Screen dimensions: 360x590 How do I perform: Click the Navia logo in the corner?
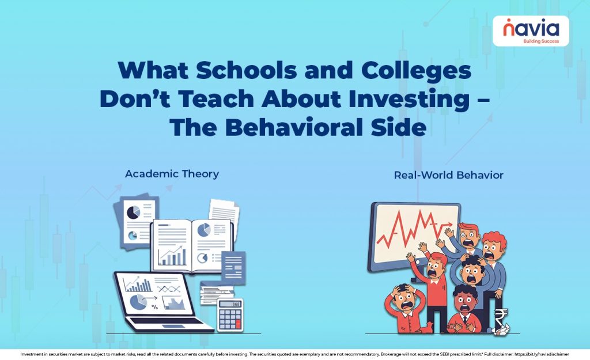(530, 31)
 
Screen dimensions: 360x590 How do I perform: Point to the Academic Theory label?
(172, 173)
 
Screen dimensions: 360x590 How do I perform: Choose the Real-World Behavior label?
(448, 175)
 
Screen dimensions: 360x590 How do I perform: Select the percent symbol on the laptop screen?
(154, 306)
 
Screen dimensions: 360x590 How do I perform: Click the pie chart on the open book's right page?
(204, 230)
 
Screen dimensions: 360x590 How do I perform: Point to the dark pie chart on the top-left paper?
(133, 213)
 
